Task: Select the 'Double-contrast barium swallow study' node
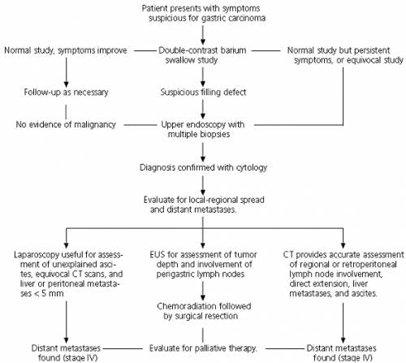point(202,55)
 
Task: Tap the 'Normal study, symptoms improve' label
point(66,50)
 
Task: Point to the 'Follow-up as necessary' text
point(66,93)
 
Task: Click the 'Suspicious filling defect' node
point(203,93)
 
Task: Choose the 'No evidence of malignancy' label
point(66,124)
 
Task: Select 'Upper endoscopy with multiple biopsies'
point(202,129)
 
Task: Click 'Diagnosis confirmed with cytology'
point(203,167)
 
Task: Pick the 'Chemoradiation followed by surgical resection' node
point(204,311)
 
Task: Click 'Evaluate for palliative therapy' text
point(203,348)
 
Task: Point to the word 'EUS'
point(157,255)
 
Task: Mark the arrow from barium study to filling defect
point(203,76)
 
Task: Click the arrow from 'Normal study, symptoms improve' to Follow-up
point(66,72)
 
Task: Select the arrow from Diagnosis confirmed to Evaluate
point(203,185)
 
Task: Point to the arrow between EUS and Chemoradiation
point(203,291)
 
